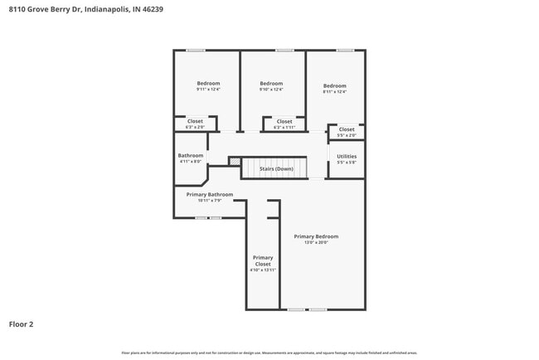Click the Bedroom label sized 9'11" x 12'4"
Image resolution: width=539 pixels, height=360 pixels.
tap(208, 83)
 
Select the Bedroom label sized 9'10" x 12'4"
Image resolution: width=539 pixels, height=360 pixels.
tap(271, 83)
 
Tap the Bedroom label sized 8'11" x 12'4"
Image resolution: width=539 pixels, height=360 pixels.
tap(334, 85)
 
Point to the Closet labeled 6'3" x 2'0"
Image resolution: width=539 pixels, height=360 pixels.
tap(195, 121)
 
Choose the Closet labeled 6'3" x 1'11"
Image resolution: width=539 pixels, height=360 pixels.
tap(284, 121)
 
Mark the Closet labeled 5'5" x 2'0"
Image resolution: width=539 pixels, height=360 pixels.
tap(347, 129)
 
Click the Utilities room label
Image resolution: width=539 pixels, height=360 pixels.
tap(347, 156)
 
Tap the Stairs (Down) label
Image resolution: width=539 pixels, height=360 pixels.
tap(276, 168)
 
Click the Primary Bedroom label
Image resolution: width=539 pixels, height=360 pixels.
tap(316, 236)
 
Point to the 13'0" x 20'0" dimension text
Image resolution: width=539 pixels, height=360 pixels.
tap(316, 243)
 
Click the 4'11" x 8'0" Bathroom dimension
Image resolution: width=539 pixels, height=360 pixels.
tap(190, 162)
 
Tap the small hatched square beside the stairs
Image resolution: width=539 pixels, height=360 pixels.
tap(235, 161)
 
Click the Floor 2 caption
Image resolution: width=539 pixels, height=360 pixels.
tap(21, 324)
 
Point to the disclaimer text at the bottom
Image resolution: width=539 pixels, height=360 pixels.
tap(269, 353)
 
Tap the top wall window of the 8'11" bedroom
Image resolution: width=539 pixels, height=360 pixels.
tap(345, 51)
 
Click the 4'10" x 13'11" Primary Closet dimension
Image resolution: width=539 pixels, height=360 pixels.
tap(263, 270)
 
